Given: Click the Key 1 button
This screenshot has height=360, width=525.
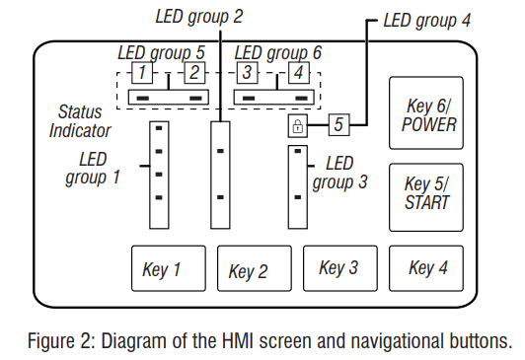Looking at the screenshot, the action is (169, 268).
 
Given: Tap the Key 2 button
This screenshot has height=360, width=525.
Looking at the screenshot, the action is (255, 268).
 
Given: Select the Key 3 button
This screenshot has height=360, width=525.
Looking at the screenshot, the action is (340, 268).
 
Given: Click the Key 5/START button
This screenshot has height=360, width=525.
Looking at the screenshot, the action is (426, 197).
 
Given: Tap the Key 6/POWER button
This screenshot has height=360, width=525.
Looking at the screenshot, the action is (426, 112).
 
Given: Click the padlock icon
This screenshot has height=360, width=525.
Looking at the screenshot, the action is (298, 125).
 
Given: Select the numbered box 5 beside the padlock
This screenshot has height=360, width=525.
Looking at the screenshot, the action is (338, 125).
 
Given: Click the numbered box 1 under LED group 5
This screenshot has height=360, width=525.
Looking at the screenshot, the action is (142, 72).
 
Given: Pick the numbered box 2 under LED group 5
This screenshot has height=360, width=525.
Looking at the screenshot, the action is (194, 72).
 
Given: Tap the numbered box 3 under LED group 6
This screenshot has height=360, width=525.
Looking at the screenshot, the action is (247, 72).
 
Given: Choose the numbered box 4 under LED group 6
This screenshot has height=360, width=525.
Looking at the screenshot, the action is (299, 72).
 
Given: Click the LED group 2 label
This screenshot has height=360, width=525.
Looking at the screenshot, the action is (199, 17).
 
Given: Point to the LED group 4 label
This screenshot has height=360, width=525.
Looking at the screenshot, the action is (427, 21).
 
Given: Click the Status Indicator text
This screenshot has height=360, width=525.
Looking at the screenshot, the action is (80, 121).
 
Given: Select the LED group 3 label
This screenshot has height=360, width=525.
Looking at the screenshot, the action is (339, 173).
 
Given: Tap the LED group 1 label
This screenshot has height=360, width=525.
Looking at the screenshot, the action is (93, 169).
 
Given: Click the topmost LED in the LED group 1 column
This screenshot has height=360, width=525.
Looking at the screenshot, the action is (159, 128).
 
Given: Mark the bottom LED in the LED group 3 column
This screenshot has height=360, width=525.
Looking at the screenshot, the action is (298, 197).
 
